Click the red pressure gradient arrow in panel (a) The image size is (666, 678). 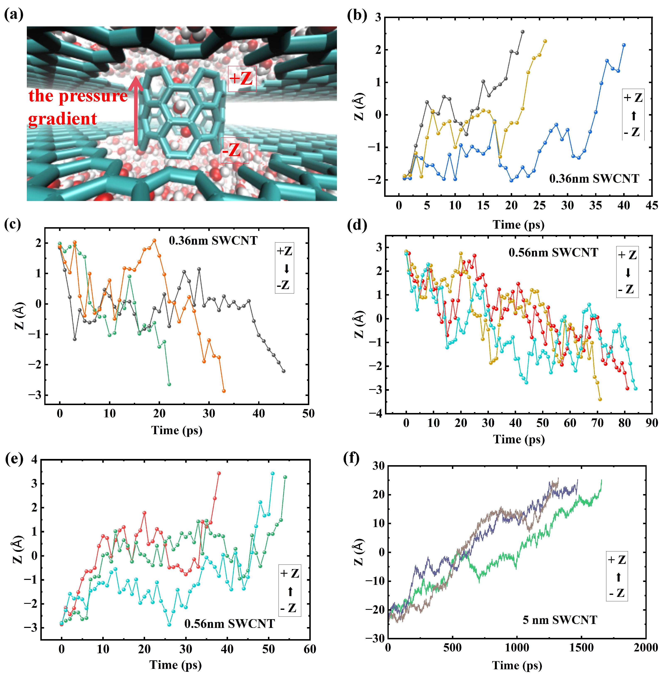[x=136, y=112]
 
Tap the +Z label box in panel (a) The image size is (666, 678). [x=242, y=79]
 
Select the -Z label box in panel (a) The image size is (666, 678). [x=234, y=150]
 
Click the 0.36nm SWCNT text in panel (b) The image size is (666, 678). [x=594, y=179]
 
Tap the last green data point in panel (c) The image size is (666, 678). [x=169, y=384]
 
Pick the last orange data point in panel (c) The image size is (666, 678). [x=224, y=391]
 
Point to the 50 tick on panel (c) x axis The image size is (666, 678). [x=308, y=414]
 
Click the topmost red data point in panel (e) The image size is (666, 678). [x=219, y=473]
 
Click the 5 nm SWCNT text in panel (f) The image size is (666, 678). [x=560, y=620]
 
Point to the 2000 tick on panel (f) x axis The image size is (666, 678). [x=646, y=648]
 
